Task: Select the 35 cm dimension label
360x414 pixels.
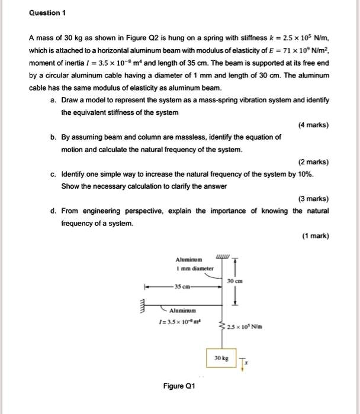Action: tap(182, 287)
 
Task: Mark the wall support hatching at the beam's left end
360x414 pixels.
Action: tap(142, 307)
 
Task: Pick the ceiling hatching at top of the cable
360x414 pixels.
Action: tap(223, 256)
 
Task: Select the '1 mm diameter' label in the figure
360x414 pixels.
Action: tap(189, 268)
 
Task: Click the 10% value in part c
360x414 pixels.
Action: tap(306, 175)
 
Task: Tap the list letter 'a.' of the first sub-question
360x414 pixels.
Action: tap(54, 101)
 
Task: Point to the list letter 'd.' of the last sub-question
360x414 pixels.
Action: tap(54, 211)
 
